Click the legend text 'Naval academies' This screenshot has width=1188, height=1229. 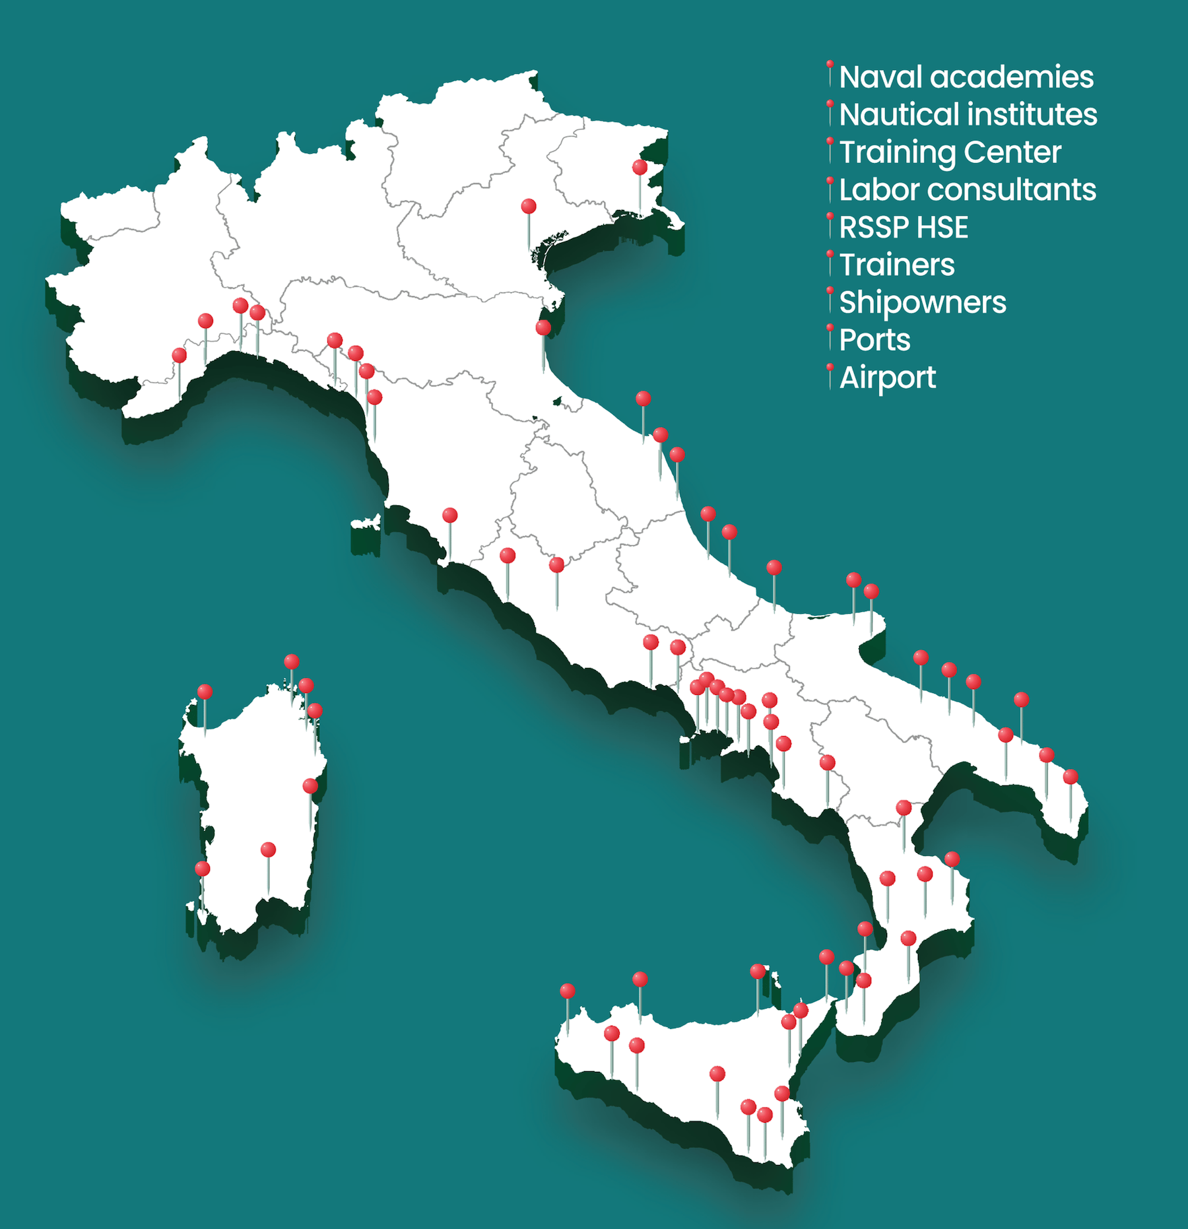pos(966,77)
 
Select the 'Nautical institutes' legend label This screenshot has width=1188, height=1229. pos(968,115)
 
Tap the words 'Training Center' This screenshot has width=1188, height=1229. pos(950,152)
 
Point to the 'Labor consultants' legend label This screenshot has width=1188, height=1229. pos(968,190)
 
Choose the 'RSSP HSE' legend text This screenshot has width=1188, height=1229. pos(904,228)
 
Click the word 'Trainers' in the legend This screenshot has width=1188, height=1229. pos(897,265)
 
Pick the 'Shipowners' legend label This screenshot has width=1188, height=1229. pos(923,303)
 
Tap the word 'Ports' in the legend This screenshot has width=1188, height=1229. pos(874,341)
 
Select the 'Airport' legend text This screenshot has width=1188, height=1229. pos(887,378)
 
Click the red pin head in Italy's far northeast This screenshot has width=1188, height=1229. pos(640,167)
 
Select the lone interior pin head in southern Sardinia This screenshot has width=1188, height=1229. pos(268,849)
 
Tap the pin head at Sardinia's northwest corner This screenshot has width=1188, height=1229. pos(205,692)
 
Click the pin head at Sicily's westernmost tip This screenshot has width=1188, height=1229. pos(568,991)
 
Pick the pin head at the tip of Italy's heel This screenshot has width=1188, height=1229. pos(1071,777)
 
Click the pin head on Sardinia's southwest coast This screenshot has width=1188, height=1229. pos(203,869)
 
